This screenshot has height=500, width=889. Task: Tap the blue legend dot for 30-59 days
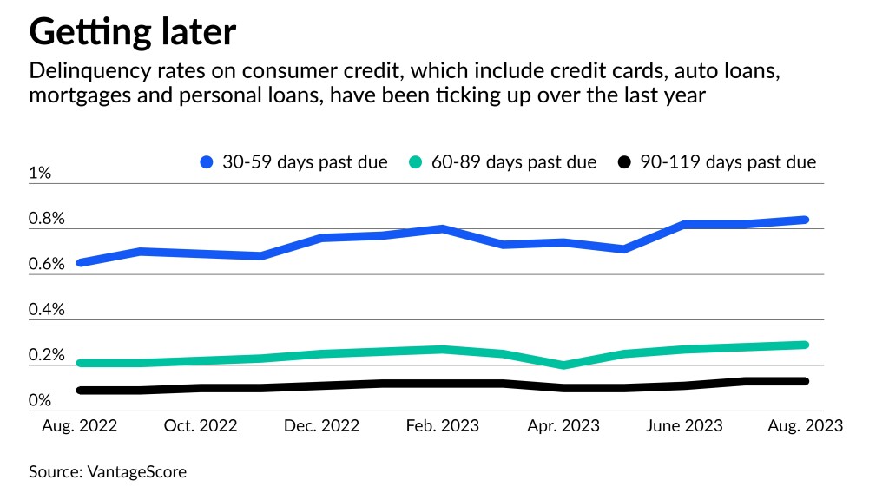click(207, 162)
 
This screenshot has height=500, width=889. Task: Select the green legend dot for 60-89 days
click(416, 162)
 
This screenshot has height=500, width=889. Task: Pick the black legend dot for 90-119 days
click(624, 162)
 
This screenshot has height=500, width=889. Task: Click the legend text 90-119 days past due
click(728, 162)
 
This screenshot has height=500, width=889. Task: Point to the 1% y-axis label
click(40, 173)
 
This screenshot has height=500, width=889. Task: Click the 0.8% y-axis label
click(47, 219)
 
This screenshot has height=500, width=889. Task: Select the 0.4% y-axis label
click(47, 310)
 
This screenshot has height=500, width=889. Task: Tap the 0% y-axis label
click(40, 401)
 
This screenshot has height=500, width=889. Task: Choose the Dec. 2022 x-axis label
click(322, 426)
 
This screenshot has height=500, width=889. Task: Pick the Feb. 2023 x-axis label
click(443, 426)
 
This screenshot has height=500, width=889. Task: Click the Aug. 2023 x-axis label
click(805, 426)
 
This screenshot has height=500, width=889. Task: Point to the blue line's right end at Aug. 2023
click(806, 220)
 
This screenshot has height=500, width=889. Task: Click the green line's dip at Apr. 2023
click(564, 365)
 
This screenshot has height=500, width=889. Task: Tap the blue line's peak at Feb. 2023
click(443, 229)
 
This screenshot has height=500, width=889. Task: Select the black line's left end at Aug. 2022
click(81, 391)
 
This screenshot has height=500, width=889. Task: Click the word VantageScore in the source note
click(136, 472)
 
